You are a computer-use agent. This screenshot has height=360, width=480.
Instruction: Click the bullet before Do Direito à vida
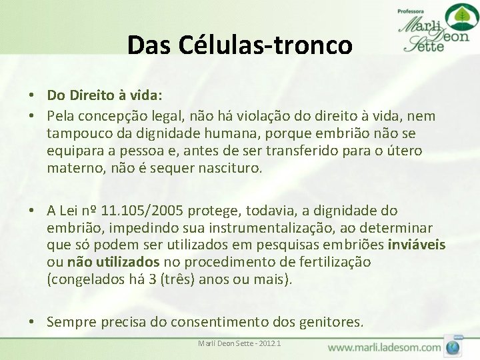pyautogui.click(x=32, y=98)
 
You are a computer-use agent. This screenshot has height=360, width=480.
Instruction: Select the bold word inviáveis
pyautogui.click(x=417, y=245)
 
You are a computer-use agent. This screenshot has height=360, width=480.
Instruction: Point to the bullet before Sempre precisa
pyautogui.click(x=32, y=323)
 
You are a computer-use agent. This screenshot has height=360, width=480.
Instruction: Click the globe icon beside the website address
pyautogui.click(x=454, y=347)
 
